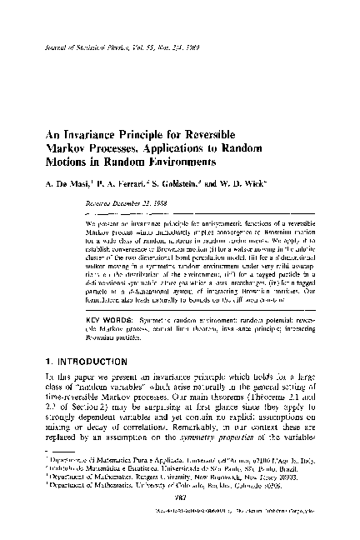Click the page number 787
[x=179, y=520]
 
